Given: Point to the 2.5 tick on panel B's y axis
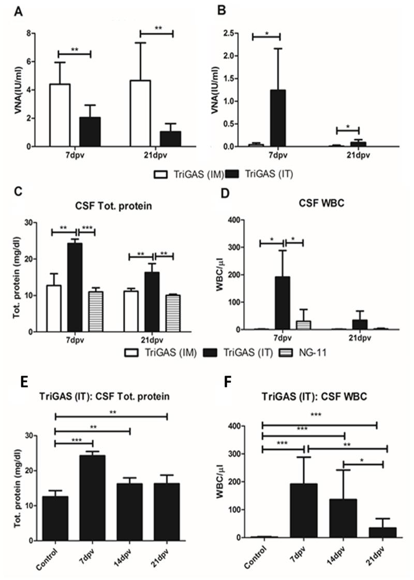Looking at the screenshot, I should coord(229,33).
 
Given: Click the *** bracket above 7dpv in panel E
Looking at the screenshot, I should coord(73,443).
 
